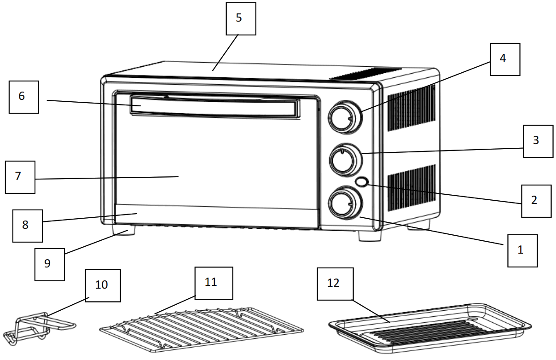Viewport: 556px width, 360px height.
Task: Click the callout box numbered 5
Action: click(x=241, y=19)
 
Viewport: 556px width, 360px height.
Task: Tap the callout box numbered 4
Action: click(x=505, y=59)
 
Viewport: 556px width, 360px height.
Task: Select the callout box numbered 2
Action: click(x=536, y=201)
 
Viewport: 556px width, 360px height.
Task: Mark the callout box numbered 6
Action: click(x=23, y=97)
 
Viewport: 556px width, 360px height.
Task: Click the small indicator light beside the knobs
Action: click(x=362, y=182)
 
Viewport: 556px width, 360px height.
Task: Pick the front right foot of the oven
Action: click(x=370, y=235)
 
